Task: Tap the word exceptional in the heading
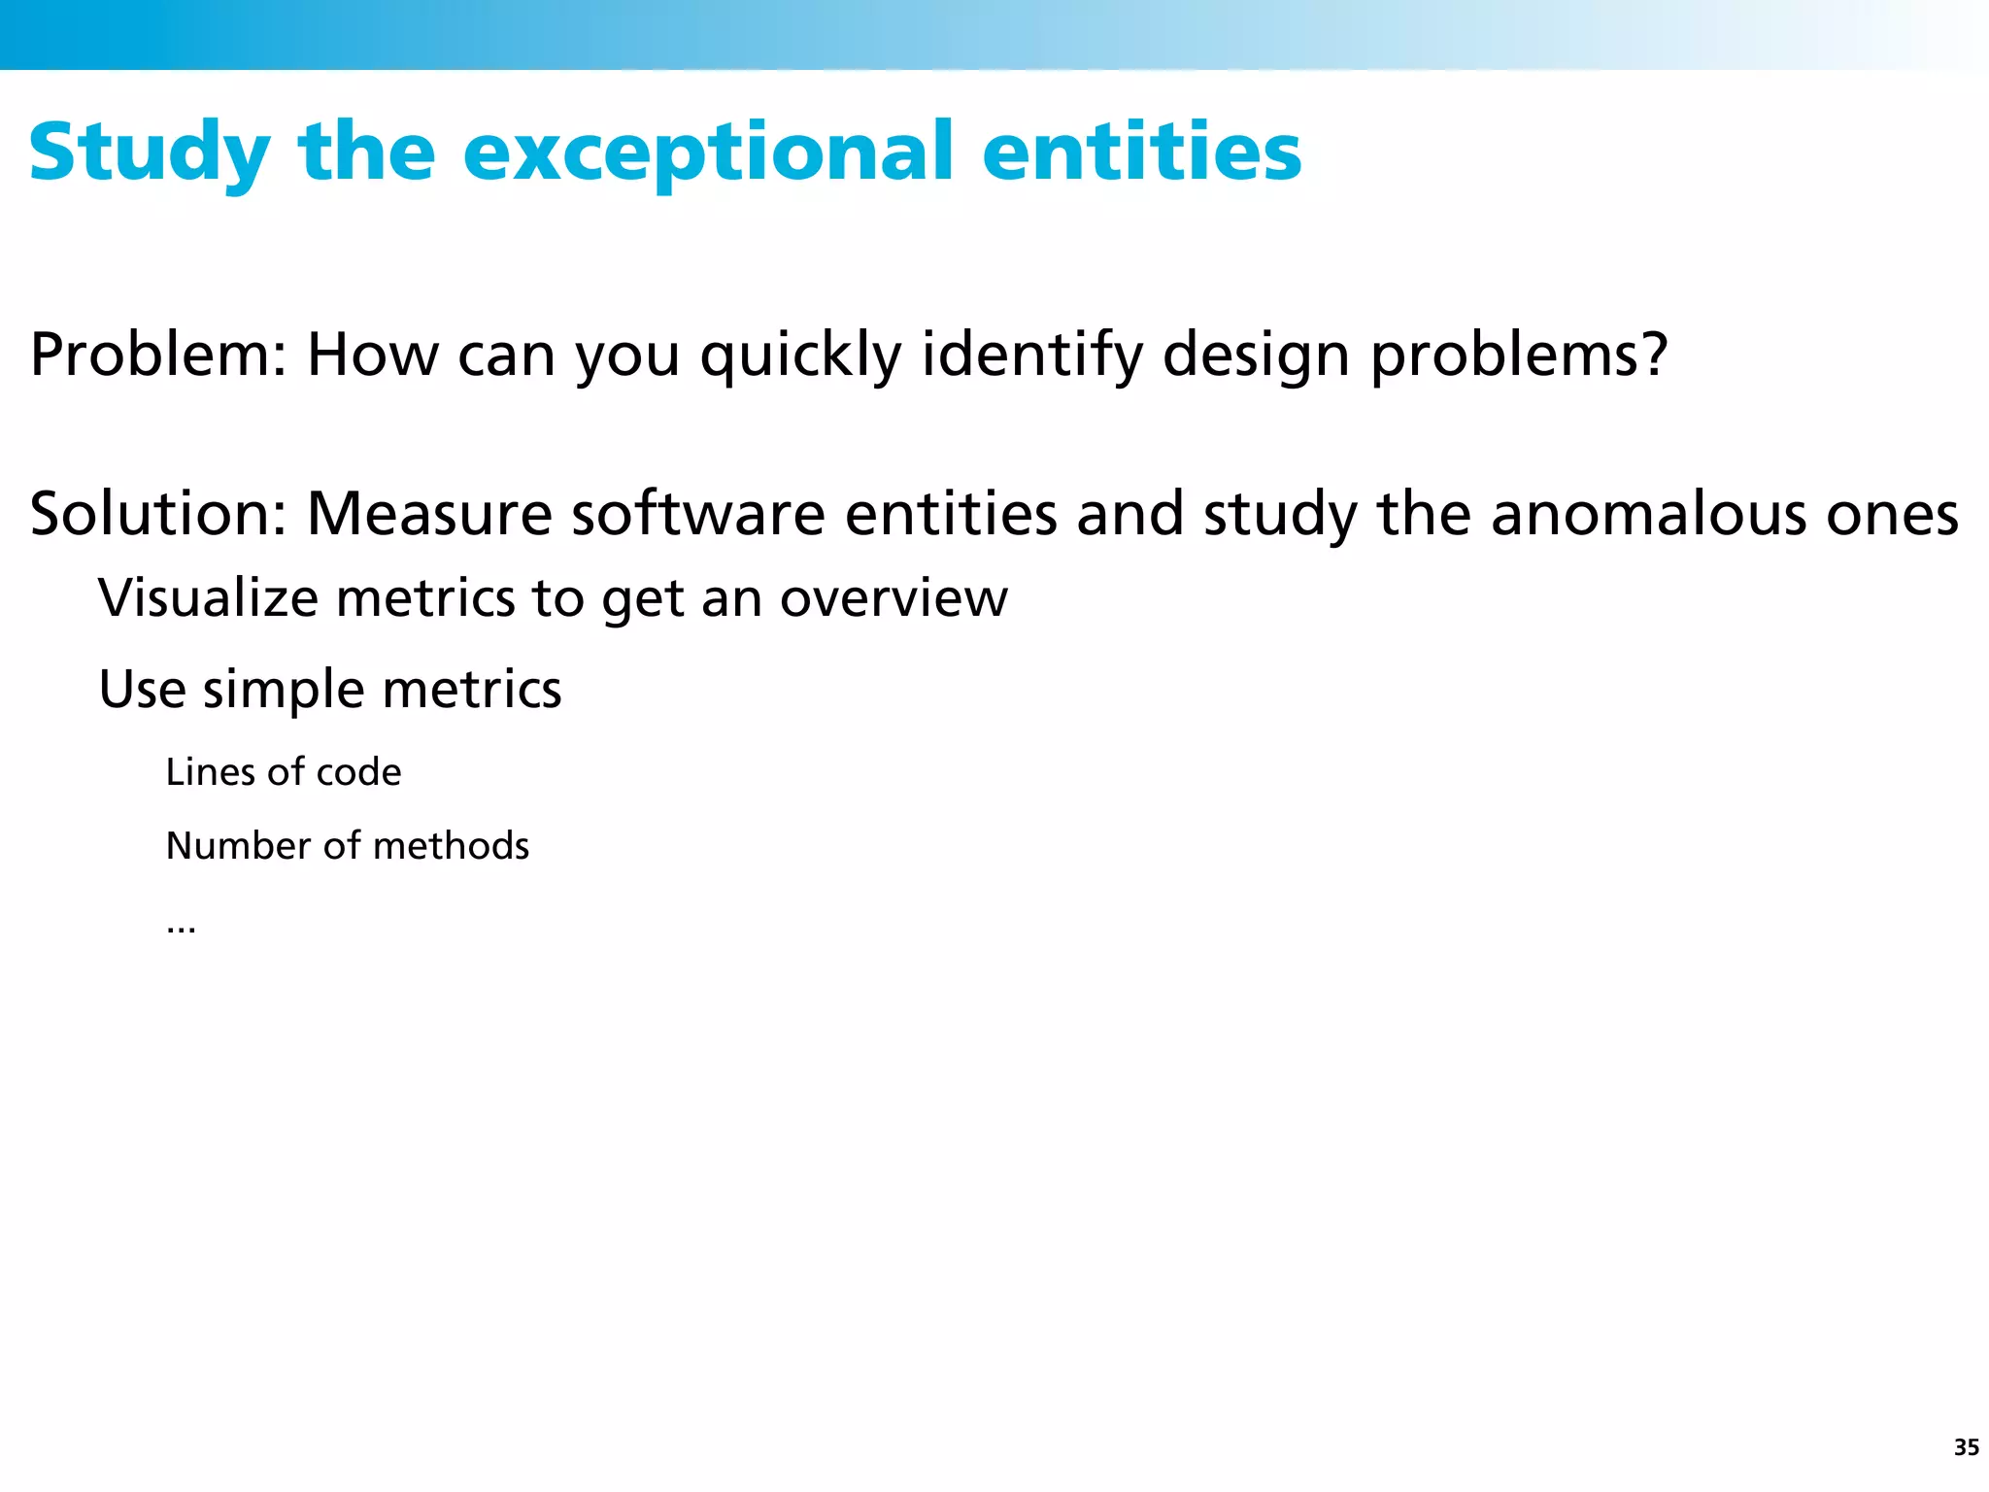708,153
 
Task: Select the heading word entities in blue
1141,153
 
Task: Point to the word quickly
800,355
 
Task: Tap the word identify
1032,355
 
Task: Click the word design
1256,355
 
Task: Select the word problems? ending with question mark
1519,355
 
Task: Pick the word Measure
429,514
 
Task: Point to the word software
697,514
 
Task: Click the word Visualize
208,597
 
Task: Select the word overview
893,597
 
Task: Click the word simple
284,690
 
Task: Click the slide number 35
1966,1447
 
